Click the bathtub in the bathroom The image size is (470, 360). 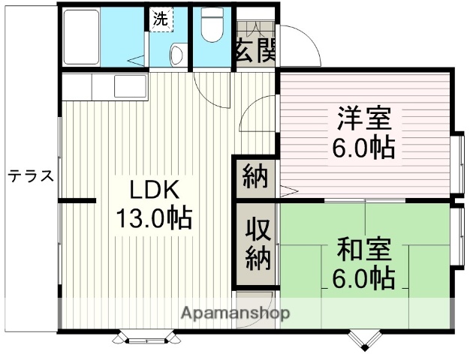(x=83, y=37)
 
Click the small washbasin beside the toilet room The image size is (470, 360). (x=177, y=54)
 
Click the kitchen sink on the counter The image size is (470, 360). (x=130, y=87)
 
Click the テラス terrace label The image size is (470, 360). (x=31, y=176)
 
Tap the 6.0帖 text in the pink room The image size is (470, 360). (x=364, y=147)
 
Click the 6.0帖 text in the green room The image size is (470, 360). (x=364, y=278)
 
